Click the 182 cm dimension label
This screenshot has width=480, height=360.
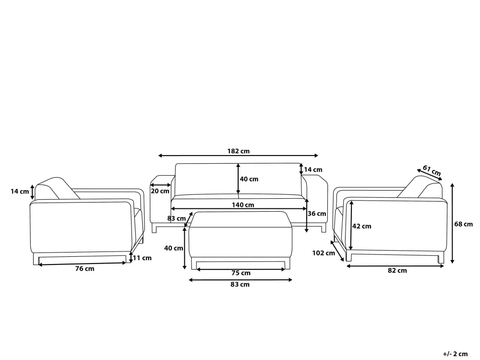[238, 151]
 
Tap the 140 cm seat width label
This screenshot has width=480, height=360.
[243, 205]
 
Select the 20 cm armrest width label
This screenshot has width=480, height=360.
[160, 192]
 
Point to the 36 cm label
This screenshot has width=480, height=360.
[317, 214]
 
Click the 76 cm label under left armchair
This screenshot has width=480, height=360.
[85, 269]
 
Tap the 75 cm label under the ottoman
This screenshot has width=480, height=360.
[241, 273]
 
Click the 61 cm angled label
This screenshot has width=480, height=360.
[432, 170]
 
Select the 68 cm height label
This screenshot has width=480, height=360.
[464, 224]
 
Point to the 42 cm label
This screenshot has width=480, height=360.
[361, 226]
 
